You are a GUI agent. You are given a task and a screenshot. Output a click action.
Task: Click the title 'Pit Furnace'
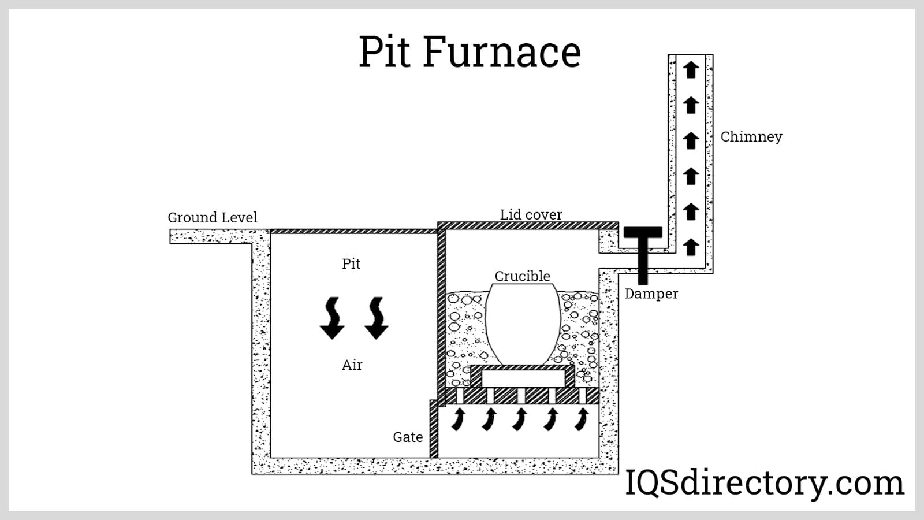coord(470,52)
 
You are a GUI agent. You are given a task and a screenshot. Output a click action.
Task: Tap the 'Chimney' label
coord(751,137)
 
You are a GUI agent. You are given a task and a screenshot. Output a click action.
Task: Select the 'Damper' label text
coord(651,294)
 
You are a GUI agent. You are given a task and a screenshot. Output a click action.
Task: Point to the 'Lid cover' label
coord(531,214)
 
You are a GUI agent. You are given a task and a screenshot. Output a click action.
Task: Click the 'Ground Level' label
coord(212,218)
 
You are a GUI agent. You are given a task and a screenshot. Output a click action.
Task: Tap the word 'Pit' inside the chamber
coord(351,264)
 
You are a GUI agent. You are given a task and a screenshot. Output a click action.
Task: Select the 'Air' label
coord(352,365)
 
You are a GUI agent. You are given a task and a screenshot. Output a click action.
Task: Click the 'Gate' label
coord(408,437)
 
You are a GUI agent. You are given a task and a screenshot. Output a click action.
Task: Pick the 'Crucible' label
coord(522,276)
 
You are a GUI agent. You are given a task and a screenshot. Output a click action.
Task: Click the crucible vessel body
coord(523,324)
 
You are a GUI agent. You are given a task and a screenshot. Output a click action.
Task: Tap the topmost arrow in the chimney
coord(691,69)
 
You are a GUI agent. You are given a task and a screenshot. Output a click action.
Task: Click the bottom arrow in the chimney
coord(691,247)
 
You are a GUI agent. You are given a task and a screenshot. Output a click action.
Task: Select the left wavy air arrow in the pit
coord(332,318)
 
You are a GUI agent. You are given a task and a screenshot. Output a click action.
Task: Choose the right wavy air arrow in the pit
coord(377,318)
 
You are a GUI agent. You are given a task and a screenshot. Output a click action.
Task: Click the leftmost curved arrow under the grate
coord(459,419)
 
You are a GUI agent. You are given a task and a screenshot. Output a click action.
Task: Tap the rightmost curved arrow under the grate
coord(582,419)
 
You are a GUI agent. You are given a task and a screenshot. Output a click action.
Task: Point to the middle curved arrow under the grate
coord(520,419)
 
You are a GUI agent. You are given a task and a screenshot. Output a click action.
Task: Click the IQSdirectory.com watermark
coord(765,483)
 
